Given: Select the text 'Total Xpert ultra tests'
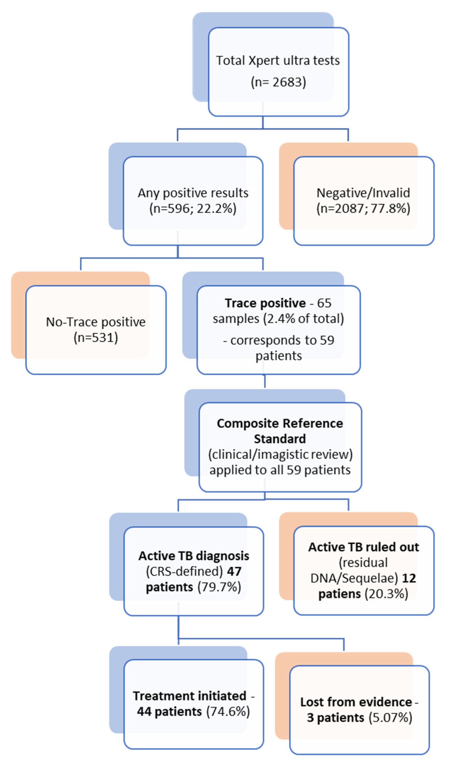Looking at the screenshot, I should coord(278,60).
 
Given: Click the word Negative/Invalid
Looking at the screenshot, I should coord(363,193).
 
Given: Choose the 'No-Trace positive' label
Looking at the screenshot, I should coord(96,322).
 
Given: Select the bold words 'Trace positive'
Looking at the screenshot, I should coord(265,303).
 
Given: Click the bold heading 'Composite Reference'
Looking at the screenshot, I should coord(279,423).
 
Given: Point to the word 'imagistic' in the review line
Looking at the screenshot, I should coord(285,454).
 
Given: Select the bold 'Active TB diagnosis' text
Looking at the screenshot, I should coord(194,556).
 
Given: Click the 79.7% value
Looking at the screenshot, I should coord(219,587).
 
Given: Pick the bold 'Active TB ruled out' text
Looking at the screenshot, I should coord(363,547).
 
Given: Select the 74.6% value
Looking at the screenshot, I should coord(228,711).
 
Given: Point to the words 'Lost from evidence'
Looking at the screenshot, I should coord(356,702).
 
